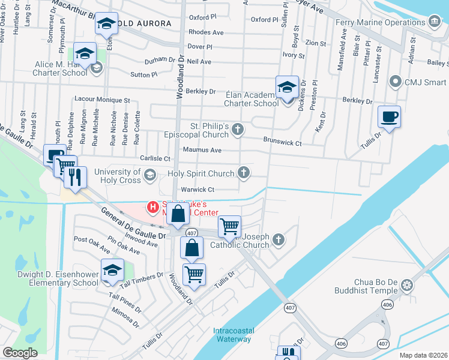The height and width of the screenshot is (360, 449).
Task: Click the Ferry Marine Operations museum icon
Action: point(435,22)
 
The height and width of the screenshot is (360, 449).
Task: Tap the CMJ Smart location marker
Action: point(395,80)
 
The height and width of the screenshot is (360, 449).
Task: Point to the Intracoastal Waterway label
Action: point(232,335)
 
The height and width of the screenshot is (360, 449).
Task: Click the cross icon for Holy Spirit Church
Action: point(243,173)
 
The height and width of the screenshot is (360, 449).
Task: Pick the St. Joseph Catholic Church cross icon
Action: point(278,240)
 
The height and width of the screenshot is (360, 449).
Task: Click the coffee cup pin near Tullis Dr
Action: point(389,116)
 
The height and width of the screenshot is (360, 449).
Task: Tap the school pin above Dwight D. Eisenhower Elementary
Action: point(112,270)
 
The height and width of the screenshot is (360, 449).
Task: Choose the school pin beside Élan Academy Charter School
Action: point(287,87)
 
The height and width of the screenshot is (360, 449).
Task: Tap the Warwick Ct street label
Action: point(197,190)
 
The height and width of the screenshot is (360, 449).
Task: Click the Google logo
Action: point(20,353)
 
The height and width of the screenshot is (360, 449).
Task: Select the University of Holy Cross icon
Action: point(149,175)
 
